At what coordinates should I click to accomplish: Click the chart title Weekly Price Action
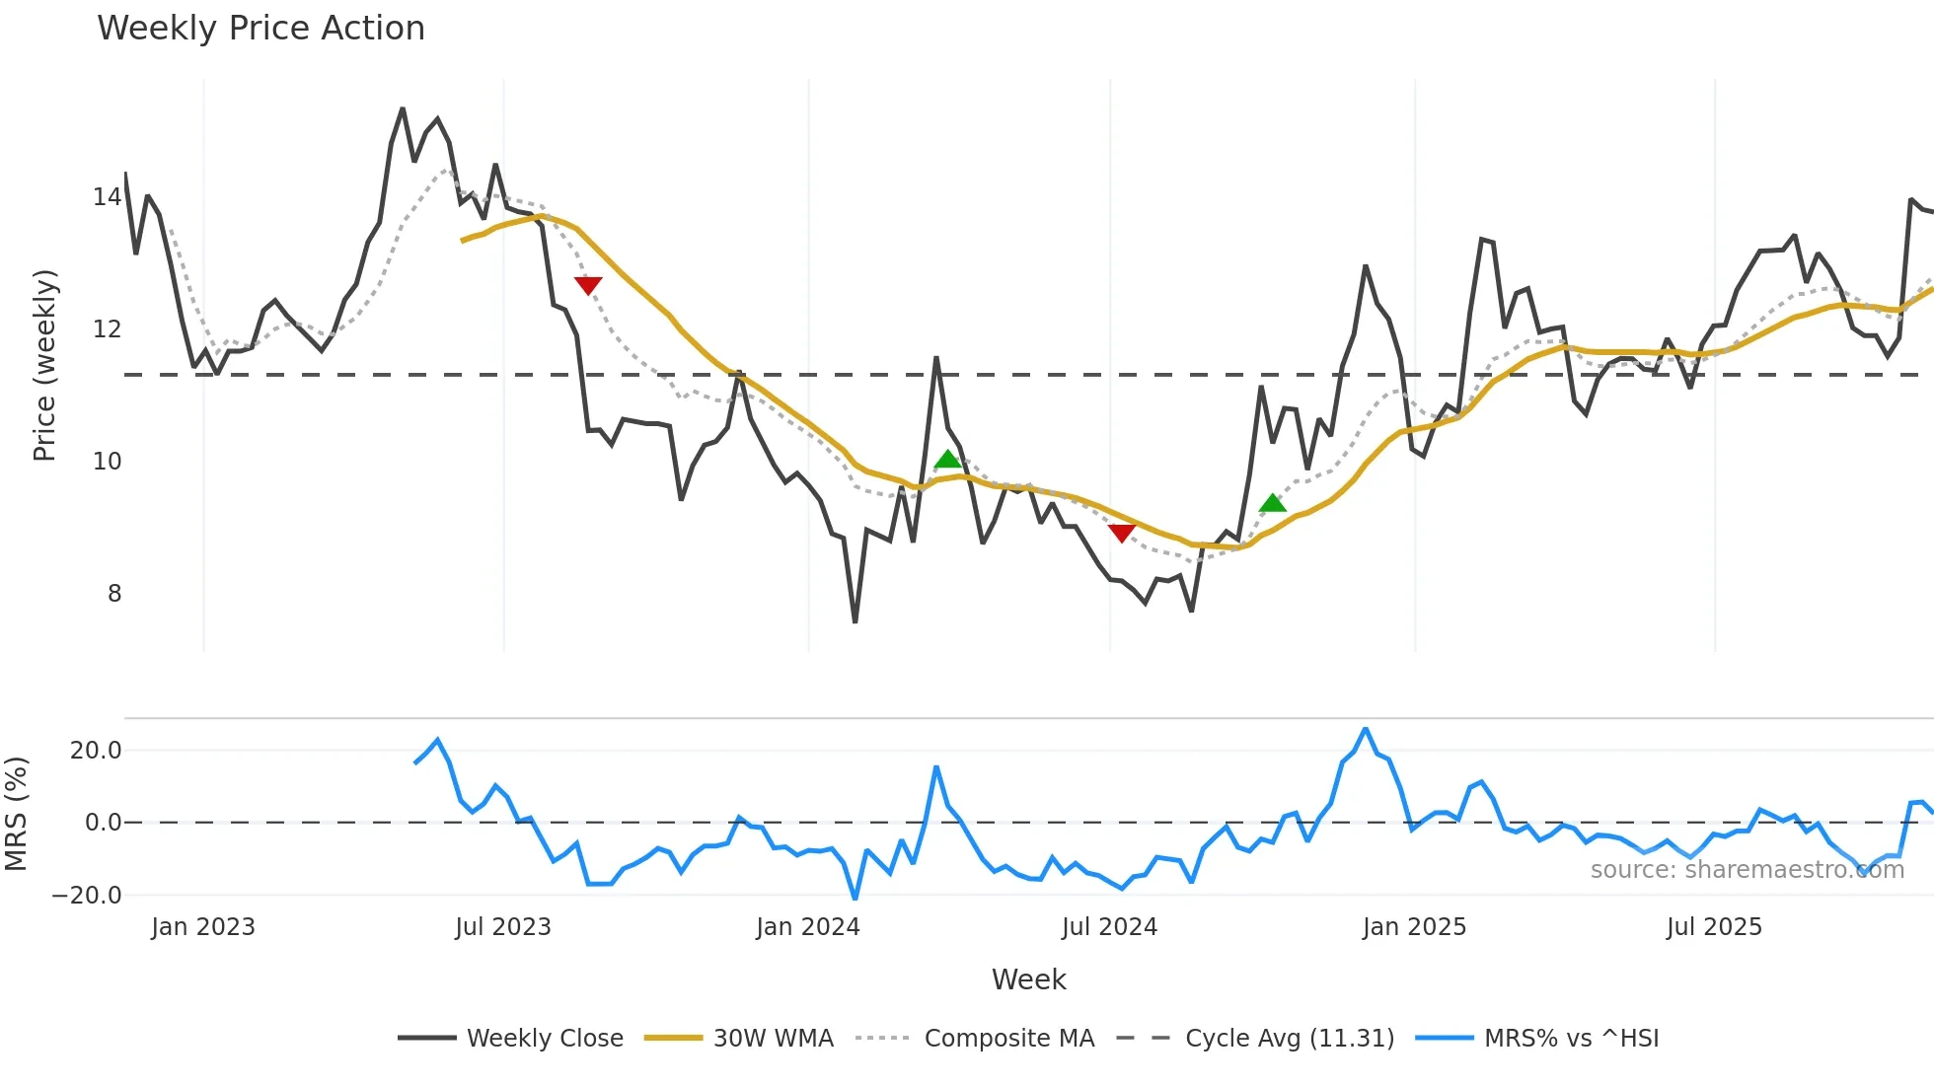click(260, 29)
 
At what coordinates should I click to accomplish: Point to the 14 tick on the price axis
click(108, 197)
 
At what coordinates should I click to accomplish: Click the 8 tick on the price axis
click(114, 594)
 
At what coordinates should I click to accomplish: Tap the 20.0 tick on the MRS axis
click(96, 751)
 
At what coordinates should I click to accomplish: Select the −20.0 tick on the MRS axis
click(87, 896)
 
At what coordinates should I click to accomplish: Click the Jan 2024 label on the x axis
click(808, 927)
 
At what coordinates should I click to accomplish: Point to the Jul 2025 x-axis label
click(1714, 927)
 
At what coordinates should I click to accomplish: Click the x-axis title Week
click(1028, 979)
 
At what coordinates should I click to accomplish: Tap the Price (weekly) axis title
click(45, 365)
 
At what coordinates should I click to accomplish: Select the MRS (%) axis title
click(16, 814)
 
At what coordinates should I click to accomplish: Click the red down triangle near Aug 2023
click(588, 286)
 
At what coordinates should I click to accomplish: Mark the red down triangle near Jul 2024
click(1122, 533)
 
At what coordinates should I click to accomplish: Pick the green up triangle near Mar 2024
click(947, 459)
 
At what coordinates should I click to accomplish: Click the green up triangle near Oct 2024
click(1273, 503)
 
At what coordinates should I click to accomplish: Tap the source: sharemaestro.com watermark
click(1747, 870)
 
